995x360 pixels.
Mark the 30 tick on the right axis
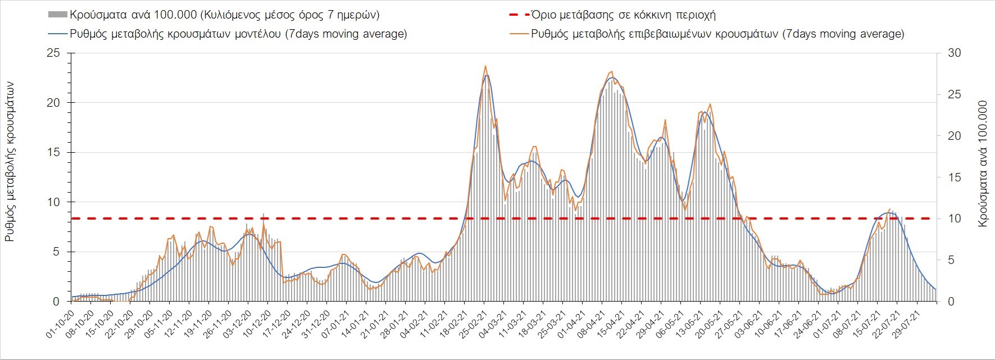click(955, 53)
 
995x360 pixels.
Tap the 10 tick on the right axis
click(955, 219)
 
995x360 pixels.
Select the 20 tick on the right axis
click(955, 136)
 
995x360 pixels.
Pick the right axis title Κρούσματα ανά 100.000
click(983, 164)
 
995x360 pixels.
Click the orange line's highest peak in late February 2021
click(485, 66)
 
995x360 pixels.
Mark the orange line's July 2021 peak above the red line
click(889, 209)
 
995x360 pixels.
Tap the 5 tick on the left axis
click(56, 252)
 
